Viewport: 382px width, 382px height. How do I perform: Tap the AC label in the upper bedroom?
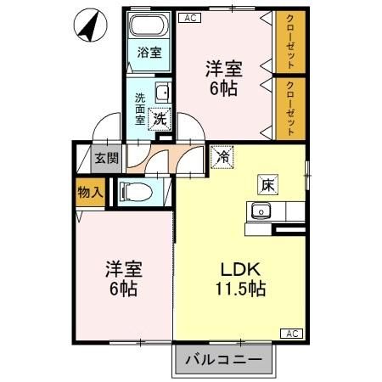click(x=190, y=16)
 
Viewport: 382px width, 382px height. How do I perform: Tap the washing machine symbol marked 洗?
click(x=159, y=119)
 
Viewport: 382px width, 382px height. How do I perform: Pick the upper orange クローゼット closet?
click(x=290, y=43)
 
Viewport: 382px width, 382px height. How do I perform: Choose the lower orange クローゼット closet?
click(x=290, y=108)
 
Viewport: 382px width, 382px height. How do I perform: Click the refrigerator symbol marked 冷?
click(x=222, y=157)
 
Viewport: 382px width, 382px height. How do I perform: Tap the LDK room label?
click(x=239, y=270)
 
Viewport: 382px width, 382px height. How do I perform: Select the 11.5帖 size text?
click(x=239, y=289)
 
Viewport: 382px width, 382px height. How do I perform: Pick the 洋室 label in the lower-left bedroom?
click(x=122, y=269)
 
